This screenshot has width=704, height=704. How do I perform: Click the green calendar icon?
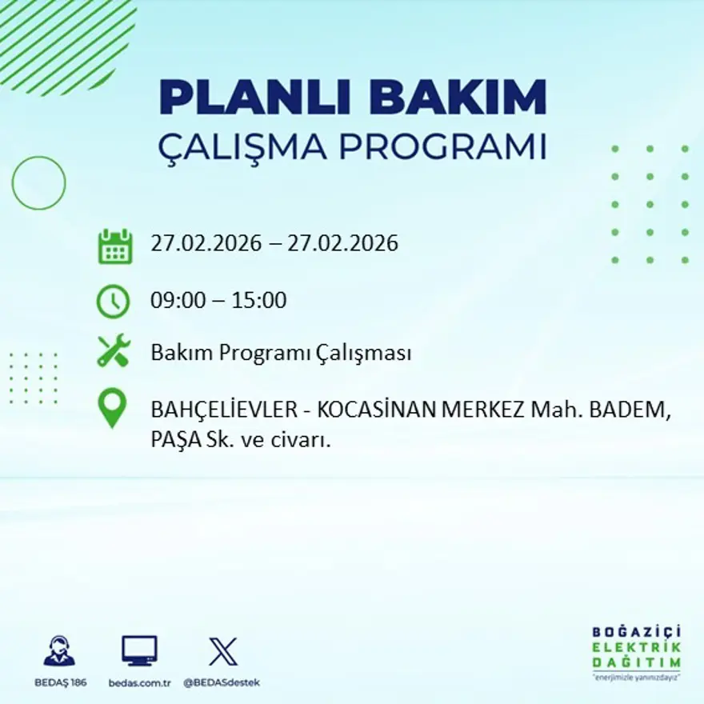point(114,246)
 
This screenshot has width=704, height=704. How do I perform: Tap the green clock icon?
point(113,302)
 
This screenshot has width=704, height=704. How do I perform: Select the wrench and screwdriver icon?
point(113,351)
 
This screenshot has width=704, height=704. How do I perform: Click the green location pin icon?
point(112,407)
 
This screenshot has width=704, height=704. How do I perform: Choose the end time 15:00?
point(258,301)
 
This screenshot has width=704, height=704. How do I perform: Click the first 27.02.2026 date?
point(206,243)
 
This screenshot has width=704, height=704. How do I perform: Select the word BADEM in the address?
point(629,410)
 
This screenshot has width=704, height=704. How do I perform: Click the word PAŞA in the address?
point(173,439)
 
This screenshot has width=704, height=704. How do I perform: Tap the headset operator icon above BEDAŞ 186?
point(59,651)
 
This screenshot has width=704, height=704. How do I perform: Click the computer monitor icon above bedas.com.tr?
point(139,651)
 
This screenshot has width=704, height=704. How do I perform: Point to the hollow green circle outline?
point(38,183)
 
